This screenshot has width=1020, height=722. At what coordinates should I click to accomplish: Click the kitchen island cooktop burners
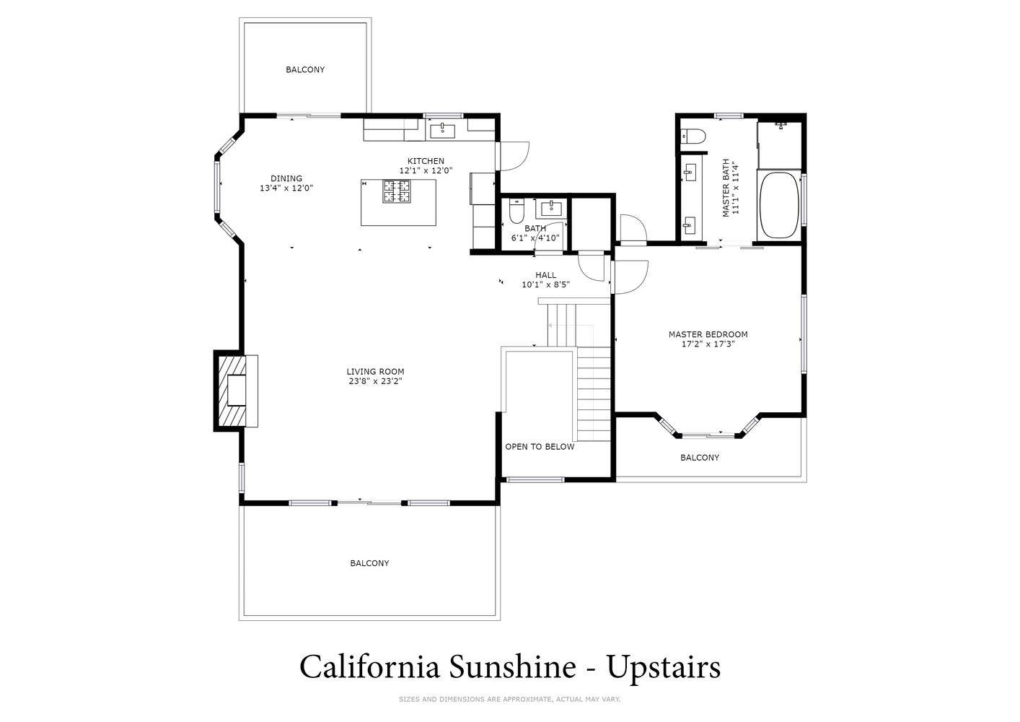(x=397, y=191)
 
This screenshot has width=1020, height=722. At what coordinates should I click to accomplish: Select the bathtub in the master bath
(x=779, y=205)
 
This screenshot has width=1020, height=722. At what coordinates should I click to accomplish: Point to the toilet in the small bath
(x=516, y=211)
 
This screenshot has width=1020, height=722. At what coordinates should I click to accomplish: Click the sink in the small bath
(x=551, y=209)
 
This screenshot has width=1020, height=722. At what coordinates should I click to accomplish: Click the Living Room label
(x=375, y=372)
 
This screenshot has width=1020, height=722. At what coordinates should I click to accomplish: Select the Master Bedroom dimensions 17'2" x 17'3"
(x=708, y=344)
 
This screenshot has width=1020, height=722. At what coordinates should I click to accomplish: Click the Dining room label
(x=286, y=178)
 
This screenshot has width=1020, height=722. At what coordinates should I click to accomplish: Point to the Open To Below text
(x=540, y=447)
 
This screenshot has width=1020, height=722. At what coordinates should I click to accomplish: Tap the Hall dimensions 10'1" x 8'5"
(x=545, y=285)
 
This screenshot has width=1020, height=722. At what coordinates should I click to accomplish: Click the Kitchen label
(x=426, y=161)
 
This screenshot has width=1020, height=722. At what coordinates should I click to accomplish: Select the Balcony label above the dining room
(x=305, y=70)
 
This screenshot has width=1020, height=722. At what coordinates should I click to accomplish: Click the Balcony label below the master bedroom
(x=700, y=458)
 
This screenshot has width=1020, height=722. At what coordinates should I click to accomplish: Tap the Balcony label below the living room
(x=370, y=563)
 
